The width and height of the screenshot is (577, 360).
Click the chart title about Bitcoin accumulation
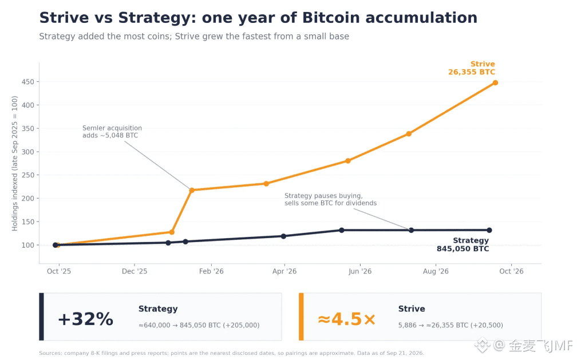click(258, 18)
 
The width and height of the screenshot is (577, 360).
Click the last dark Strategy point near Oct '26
click(489, 230)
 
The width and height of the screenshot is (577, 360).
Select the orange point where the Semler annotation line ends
click(192, 191)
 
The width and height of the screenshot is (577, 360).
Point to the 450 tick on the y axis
click(28, 82)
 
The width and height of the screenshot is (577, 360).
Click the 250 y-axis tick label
click(28, 175)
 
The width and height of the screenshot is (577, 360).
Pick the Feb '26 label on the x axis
click(211, 271)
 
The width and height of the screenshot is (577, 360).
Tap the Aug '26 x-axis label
click(436, 271)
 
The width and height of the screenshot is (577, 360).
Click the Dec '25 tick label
click(135, 271)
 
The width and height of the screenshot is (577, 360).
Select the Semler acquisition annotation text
click(112, 132)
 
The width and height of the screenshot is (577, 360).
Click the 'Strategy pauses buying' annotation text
click(330, 199)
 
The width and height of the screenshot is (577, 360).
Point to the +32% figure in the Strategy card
click(85, 319)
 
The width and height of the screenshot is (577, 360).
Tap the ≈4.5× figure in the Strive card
click(347, 319)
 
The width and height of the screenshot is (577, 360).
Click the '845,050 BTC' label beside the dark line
click(463, 249)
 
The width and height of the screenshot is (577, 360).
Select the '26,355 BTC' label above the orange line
click(472, 72)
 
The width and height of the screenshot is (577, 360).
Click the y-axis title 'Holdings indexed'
click(15, 164)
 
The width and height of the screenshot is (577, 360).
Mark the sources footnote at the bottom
click(231, 353)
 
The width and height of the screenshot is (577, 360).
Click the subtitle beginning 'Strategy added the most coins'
click(194, 37)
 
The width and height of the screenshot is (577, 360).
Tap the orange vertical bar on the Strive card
click(301, 317)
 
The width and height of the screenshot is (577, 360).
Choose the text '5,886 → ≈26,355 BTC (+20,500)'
click(450, 325)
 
